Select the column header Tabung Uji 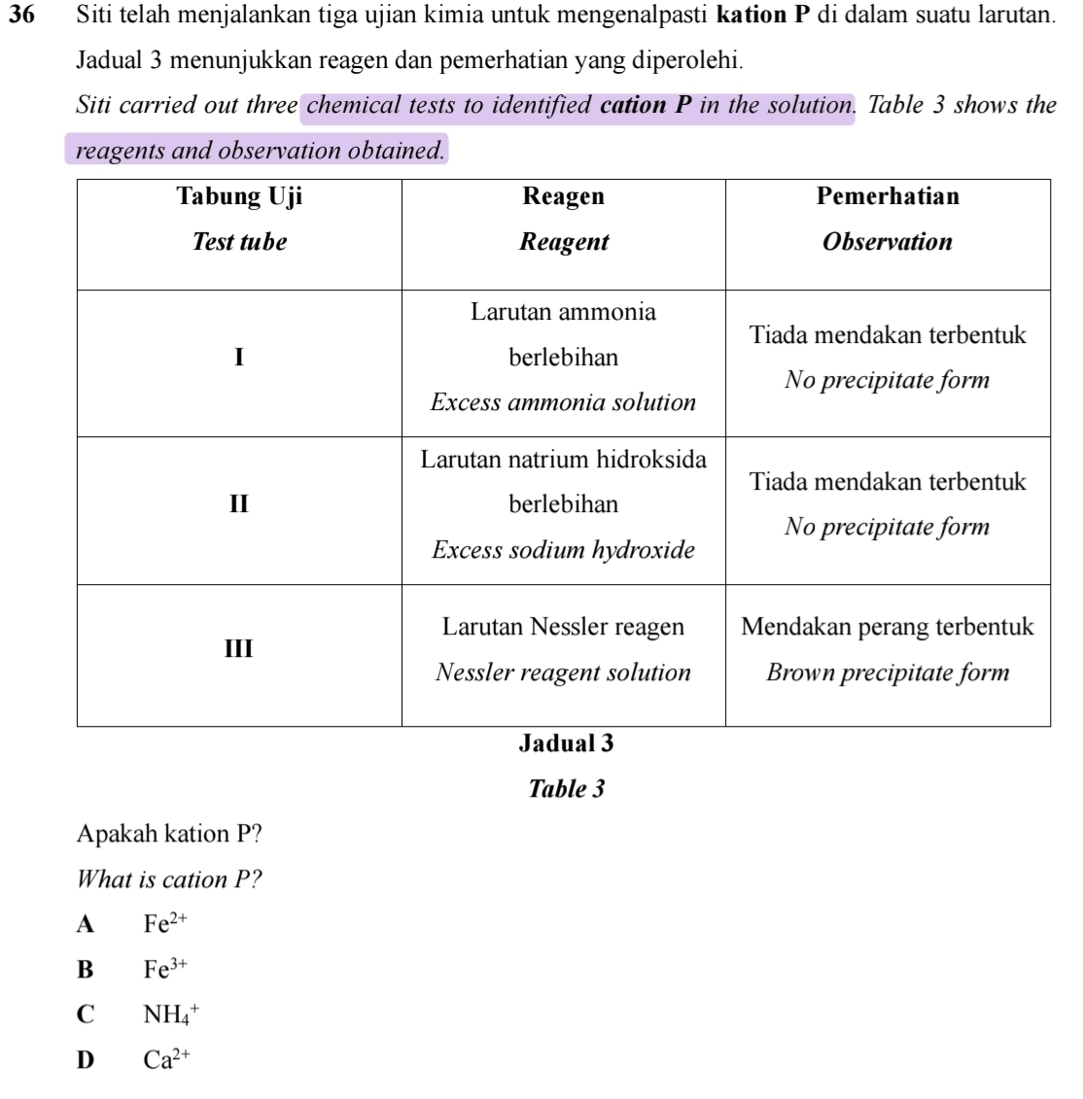(x=239, y=197)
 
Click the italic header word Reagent (x=564, y=242)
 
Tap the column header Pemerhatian (x=888, y=197)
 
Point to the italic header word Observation (x=888, y=242)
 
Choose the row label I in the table (x=239, y=357)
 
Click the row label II (x=239, y=504)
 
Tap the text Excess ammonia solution (x=564, y=402)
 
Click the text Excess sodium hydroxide (x=564, y=550)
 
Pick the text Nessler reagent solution (x=564, y=672)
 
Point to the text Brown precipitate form (x=888, y=672)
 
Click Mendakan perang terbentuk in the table (x=888, y=627)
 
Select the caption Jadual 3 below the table (x=566, y=744)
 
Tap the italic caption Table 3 (x=566, y=789)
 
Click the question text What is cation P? (x=170, y=879)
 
